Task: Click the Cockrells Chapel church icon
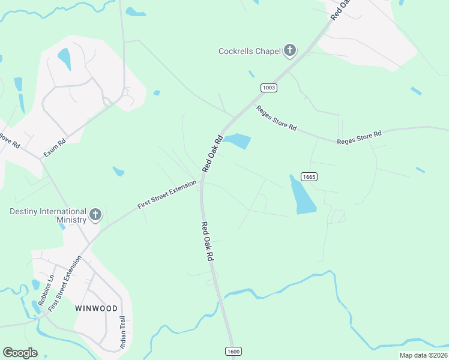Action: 290,50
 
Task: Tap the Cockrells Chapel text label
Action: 249,51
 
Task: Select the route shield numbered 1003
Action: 269,88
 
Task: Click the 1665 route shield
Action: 309,176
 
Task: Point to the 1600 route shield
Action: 234,351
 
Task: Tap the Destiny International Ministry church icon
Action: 95,215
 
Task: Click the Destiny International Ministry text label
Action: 47,215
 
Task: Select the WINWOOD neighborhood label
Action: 96,308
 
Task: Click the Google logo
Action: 20,353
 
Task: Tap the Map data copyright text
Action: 423,355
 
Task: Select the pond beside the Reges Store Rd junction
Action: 238,141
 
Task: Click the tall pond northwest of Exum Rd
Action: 64,59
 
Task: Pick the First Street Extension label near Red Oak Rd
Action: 167,194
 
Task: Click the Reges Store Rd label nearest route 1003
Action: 277,118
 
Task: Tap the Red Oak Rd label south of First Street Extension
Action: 208,241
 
